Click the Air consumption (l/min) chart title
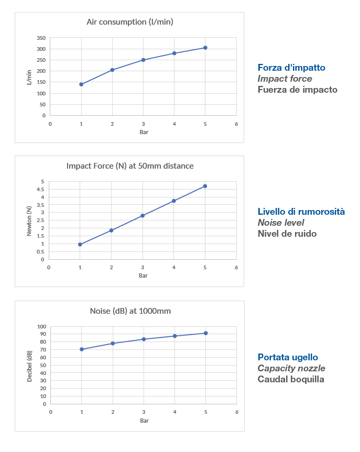click(130, 22)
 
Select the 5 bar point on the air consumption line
click(205, 48)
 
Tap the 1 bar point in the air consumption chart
click(81, 84)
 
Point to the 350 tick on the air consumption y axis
click(41, 38)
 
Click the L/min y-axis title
click(29, 77)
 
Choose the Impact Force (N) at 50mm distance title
click(130, 166)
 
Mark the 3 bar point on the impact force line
click(143, 216)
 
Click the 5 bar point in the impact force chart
click(205, 186)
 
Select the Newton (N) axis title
click(29, 221)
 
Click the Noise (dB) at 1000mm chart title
click(130, 311)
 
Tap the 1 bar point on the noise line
click(82, 349)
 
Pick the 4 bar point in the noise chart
click(174, 336)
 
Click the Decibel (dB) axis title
click(30, 365)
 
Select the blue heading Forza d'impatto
click(291, 68)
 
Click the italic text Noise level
click(280, 223)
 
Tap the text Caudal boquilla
click(291, 379)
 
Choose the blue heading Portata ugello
click(288, 357)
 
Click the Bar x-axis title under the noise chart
click(144, 421)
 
